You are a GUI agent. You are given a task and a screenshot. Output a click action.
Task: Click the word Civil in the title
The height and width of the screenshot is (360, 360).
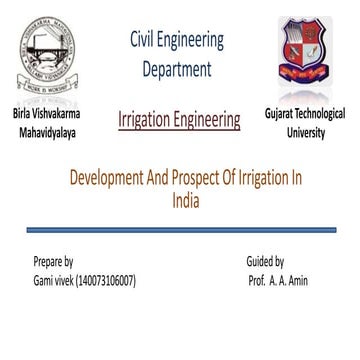pyautogui.click(x=146, y=41)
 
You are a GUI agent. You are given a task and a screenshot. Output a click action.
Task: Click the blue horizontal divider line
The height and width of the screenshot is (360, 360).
pyautogui.click(x=180, y=229)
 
